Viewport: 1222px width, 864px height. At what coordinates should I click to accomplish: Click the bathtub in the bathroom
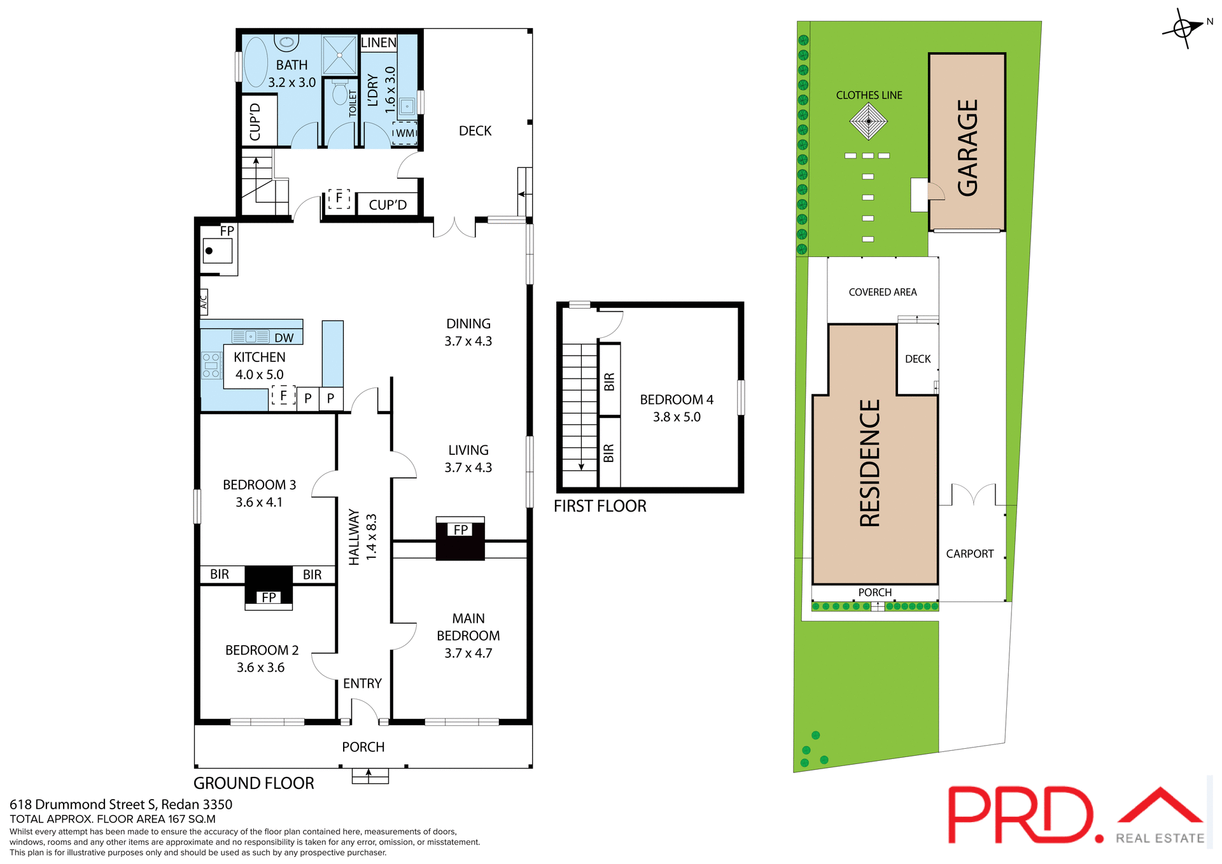click(256, 62)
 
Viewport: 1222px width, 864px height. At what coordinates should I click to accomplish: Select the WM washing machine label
click(405, 133)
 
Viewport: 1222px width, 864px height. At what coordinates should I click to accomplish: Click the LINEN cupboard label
click(379, 43)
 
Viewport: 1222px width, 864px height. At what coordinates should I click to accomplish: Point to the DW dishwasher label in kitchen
click(284, 338)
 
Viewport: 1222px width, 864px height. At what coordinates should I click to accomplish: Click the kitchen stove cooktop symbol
click(211, 366)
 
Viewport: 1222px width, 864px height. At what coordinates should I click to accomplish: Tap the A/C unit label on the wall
click(204, 301)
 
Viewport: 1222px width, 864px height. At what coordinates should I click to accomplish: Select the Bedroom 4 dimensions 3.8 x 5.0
click(677, 417)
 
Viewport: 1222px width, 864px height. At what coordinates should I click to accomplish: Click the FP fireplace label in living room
click(461, 529)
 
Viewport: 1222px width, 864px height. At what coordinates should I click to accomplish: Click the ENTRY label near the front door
click(362, 683)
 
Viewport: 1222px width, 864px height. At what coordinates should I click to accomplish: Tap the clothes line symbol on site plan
click(869, 121)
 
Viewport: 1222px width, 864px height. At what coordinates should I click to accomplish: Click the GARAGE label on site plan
click(967, 148)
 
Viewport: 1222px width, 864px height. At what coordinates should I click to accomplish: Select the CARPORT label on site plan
click(969, 554)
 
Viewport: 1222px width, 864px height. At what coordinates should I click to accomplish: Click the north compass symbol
click(1183, 29)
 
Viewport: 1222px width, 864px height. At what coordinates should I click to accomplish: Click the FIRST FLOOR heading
click(600, 506)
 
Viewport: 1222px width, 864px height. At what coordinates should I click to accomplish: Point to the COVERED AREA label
click(883, 292)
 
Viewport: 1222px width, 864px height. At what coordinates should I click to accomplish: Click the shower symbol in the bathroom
click(339, 55)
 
